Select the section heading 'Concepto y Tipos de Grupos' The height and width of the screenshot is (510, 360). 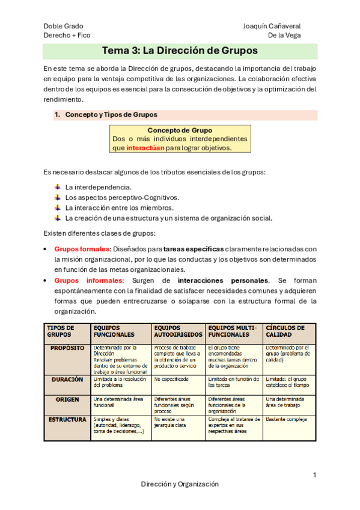[x=111, y=114]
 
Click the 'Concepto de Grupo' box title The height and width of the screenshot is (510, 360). [x=179, y=130]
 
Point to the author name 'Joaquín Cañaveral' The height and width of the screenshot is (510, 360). [x=272, y=26]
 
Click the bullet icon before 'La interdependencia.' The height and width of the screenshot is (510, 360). [x=58, y=186]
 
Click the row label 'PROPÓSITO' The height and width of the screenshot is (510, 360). [x=67, y=348]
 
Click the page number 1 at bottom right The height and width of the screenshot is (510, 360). [x=314, y=476]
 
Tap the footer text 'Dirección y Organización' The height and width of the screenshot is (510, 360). [x=180, y=484]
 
